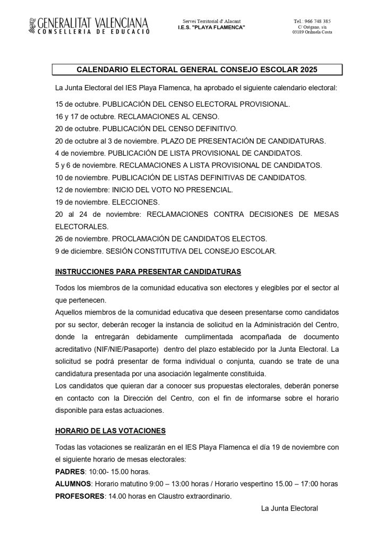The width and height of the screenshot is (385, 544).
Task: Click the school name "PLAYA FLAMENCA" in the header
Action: coord(222,27)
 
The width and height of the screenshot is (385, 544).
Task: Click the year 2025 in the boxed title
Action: coord(311,70)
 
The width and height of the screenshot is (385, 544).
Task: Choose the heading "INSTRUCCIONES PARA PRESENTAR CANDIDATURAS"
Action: coord(148,271)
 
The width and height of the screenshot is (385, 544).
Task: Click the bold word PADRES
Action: coord(70,471)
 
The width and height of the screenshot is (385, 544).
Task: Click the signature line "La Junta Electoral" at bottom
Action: coord(289,508)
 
